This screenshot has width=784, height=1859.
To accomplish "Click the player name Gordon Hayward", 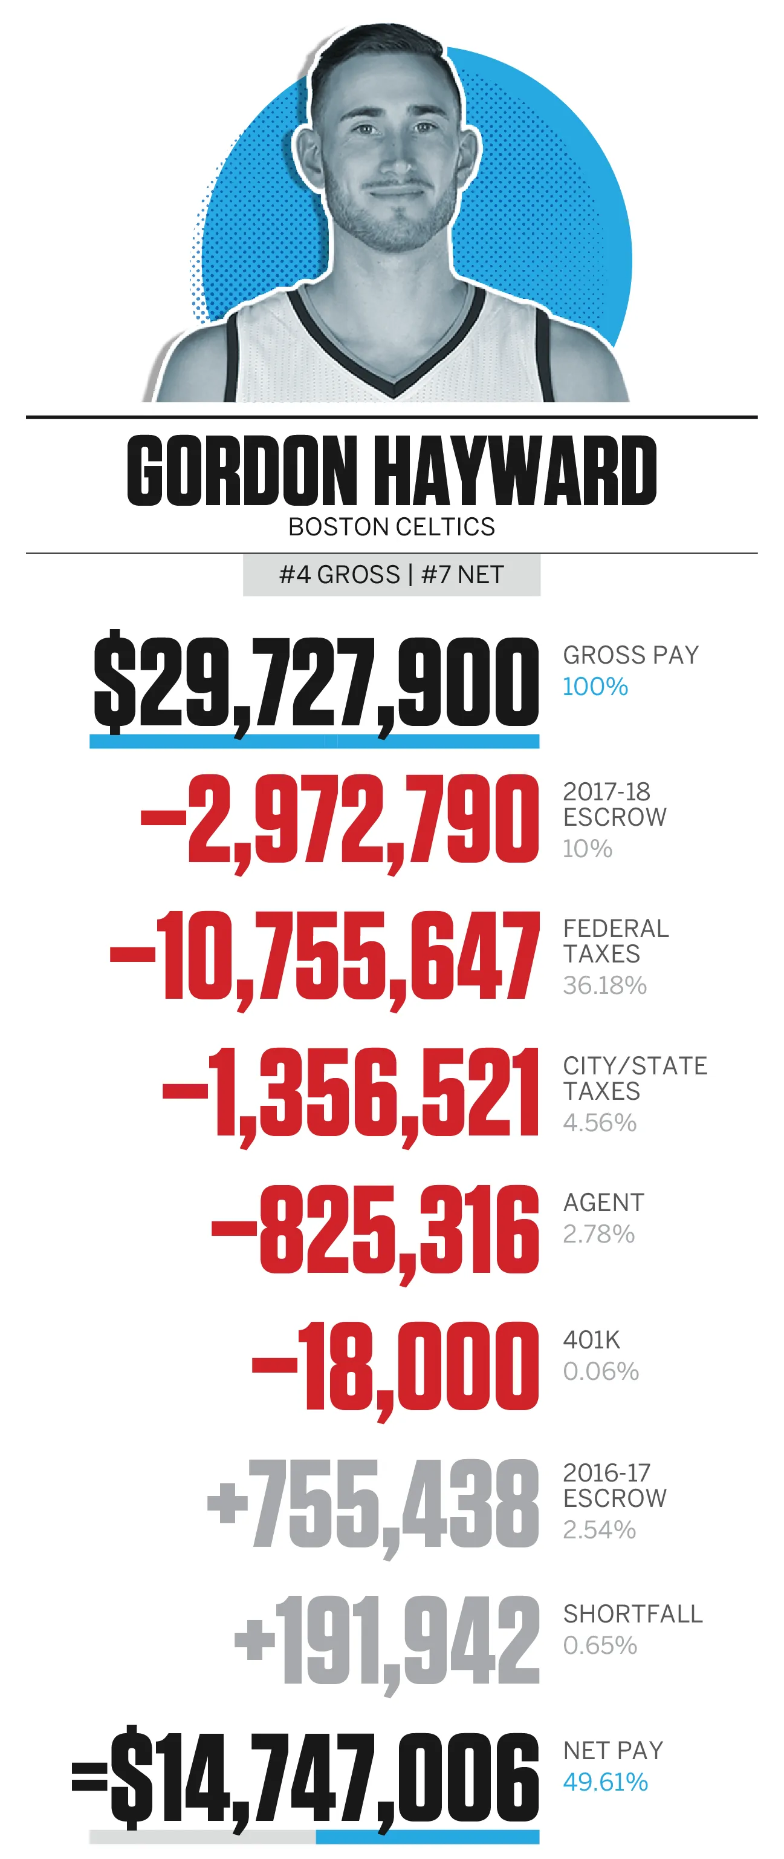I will click(392, 471).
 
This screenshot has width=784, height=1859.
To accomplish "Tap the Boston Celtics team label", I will click(392, 527).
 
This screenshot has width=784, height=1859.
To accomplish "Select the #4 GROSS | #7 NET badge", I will click(392, 575).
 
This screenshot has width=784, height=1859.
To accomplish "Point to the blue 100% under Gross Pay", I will click(595, 686).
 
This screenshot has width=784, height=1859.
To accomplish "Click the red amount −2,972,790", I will click(339, 819).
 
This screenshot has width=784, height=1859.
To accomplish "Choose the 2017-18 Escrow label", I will click(615, 804).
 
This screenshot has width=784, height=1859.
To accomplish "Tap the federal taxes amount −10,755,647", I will click(325, 956).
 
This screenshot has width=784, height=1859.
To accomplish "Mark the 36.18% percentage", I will click(604, 985).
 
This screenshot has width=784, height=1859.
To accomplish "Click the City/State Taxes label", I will click(635, 1078).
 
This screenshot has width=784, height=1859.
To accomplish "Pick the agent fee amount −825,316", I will click(375, 1230).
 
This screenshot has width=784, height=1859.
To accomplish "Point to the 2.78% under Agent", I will click(598, 1234).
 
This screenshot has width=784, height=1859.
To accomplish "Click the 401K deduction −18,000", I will click(395, 1367).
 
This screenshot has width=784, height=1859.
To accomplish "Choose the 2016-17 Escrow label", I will click(615, 1485).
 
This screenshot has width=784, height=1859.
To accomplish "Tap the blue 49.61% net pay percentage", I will click(605, 1782).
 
